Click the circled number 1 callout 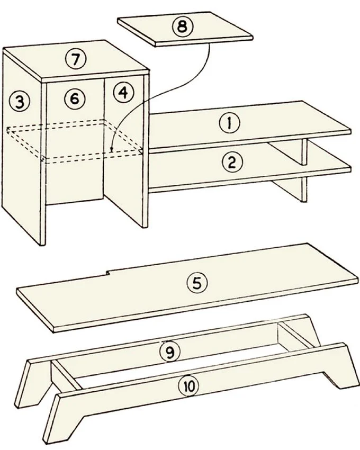229,123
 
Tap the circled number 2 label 232,163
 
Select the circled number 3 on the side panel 19,102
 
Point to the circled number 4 123,93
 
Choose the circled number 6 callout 75,98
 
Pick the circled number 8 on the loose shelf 183,26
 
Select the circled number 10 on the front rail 188,386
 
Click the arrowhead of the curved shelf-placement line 112,149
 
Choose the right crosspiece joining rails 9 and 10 295,335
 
